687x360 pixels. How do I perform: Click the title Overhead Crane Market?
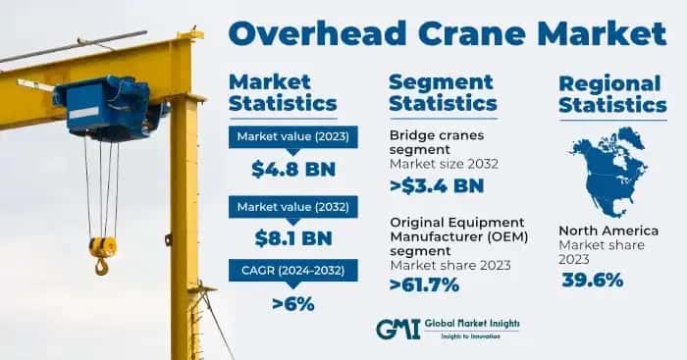447,32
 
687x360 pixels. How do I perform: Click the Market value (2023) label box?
292,136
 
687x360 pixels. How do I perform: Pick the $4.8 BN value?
292,169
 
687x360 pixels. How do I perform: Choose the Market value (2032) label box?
292,205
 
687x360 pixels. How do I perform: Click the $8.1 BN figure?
292,237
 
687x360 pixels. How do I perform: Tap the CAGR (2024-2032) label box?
292,271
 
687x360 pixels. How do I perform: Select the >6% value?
292,303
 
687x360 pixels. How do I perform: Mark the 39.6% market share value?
593,281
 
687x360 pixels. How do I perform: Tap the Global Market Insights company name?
473,325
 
